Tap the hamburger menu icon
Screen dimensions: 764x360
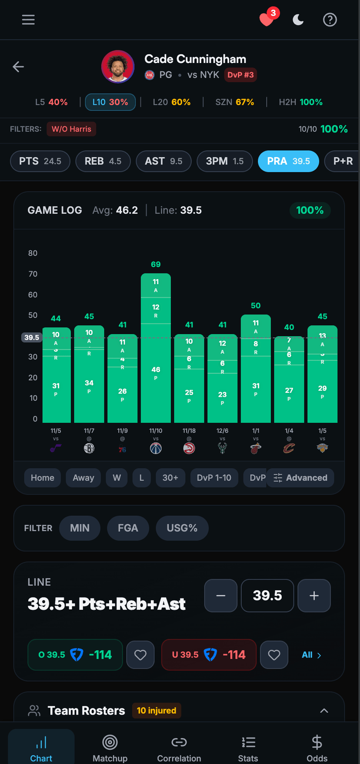coord(28,20)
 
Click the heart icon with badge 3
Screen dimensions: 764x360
coord(267,19)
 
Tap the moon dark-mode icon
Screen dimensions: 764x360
coord(298,20)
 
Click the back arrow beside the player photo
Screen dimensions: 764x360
coord(18,66)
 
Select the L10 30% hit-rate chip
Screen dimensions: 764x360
coord(110,102)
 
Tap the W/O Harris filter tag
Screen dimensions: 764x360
coord(71,129)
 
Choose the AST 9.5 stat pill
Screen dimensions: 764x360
coord(163,161)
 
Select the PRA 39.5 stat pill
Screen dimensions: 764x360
coord(288,161)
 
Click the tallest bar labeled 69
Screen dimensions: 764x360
coord(156,348)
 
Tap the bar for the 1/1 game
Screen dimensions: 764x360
coord(256,369)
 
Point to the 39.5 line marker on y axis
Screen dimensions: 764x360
coord(31,337)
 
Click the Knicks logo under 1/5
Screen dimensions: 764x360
coord(322,448)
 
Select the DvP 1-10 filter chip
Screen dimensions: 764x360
coord(214,478)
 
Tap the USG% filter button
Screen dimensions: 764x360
coord(182,528)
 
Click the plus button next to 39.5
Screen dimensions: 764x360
coord(314,595)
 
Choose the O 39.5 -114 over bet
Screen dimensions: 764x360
coord(75,654)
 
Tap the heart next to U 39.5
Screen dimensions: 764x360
coord(274,654)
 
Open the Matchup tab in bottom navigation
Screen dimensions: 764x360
coord(110,747)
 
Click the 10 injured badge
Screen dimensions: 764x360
coord(157,711)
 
